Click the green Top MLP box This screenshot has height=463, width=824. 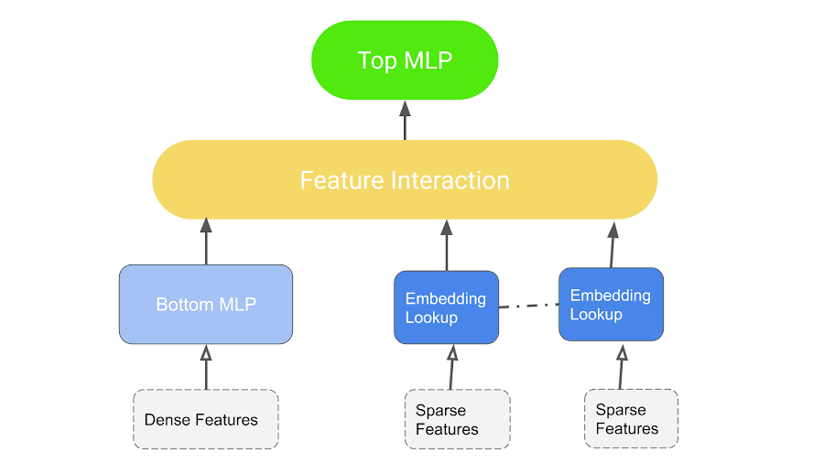point(405,60)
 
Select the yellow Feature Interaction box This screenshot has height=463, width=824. point(405,179)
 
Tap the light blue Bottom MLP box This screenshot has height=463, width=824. point(206,305)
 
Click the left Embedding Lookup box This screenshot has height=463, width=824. point(446,307)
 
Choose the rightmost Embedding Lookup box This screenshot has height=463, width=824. point(611,305)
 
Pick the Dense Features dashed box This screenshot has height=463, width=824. point(206,420)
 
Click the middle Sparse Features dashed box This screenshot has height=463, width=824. point(457,420)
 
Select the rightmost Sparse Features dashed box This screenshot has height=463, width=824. point(631,419)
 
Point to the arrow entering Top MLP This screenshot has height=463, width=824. point(405,120)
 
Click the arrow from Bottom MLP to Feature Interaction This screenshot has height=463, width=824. point(206,242)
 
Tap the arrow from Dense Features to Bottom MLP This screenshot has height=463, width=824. point(206,367)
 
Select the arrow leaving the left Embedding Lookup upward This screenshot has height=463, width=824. point(447,245)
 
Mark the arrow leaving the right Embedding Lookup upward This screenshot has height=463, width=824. point(612,243)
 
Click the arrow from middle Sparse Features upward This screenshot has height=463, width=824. point(451,367)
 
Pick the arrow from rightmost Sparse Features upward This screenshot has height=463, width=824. point(622,366)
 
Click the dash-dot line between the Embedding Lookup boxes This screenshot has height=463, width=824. point(528,306)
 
